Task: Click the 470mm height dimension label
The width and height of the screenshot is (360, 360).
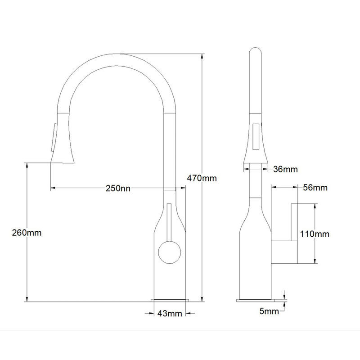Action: [x=202, y=178]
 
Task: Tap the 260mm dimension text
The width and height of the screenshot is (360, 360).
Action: [x=27, y=233]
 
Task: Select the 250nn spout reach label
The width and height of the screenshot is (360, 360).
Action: [x=118, y=188]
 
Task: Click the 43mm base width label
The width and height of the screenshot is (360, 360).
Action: [x=170, y=313]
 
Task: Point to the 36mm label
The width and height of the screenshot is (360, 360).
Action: [x=285, y=169]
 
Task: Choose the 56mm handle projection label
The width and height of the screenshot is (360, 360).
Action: [x=315, y=188]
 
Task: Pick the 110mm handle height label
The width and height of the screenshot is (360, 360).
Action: [x=315, y=234]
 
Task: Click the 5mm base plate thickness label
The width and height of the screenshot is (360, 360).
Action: [x=269, y=311]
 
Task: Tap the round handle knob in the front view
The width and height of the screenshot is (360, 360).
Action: [x=170, y=252]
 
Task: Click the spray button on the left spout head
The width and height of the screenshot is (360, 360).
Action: [x=54, y=137]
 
